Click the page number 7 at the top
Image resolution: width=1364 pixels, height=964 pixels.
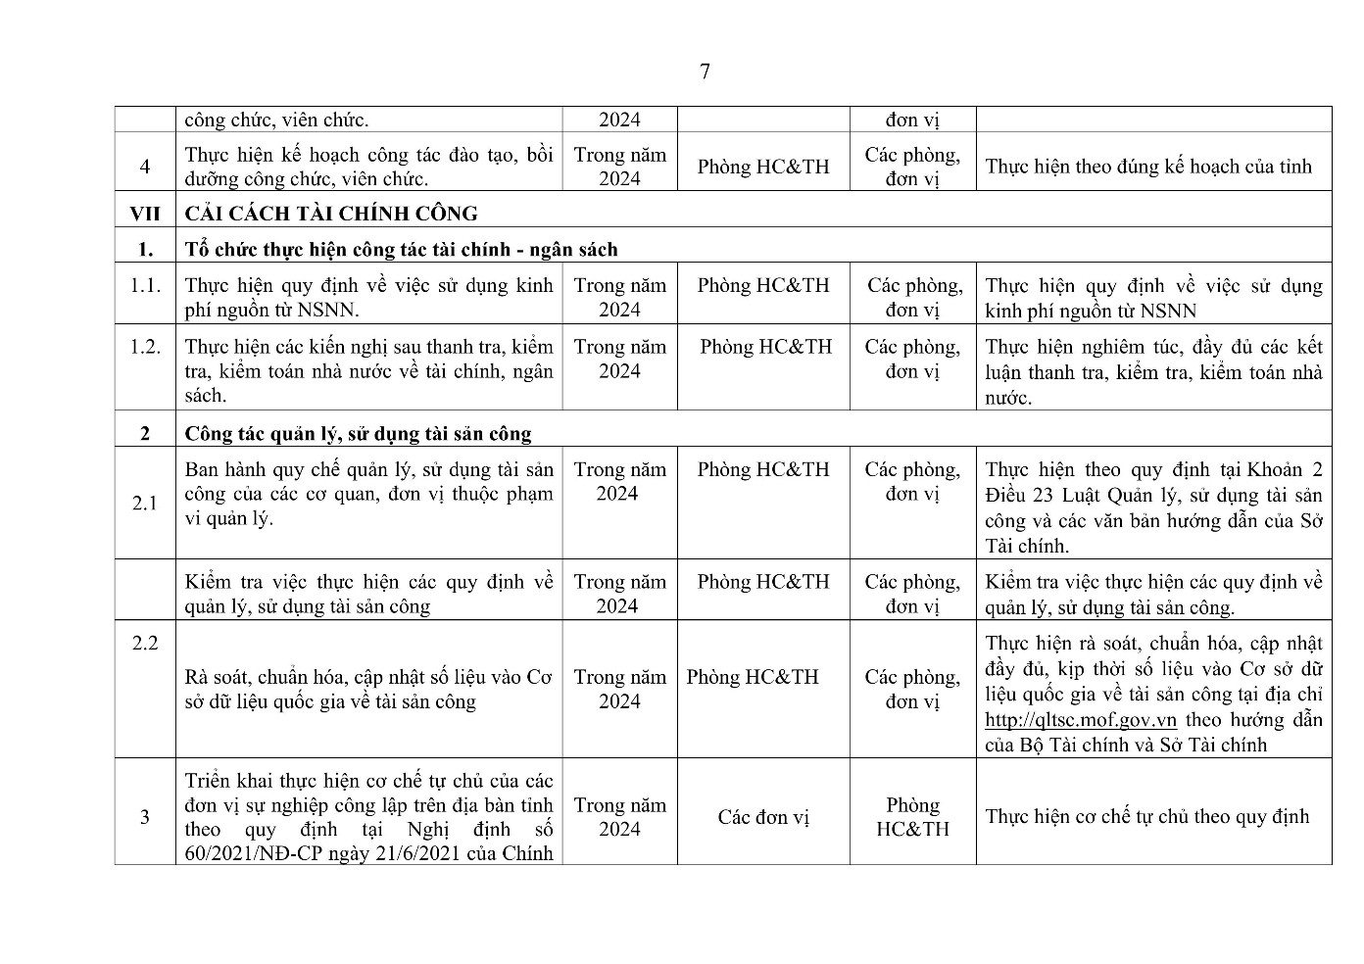705,72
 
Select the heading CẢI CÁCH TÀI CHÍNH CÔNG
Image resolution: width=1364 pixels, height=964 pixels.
331,214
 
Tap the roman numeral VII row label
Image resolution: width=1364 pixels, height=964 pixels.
145,214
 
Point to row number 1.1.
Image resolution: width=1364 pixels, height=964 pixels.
145,286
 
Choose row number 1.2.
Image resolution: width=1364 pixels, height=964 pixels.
145,347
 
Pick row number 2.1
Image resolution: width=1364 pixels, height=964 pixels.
145,504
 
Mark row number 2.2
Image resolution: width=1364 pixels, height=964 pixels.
145,643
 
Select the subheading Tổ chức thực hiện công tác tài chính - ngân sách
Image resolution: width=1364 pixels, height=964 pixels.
401,249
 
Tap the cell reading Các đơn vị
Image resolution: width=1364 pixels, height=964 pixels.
763,817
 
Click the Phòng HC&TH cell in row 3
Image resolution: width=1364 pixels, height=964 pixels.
912,817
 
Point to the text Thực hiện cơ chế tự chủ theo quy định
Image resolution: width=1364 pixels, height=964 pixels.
1146,817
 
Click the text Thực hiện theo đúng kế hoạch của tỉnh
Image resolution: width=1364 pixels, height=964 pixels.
1147,167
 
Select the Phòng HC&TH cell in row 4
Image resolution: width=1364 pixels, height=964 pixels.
763,167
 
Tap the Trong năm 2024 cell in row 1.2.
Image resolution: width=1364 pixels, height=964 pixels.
619,359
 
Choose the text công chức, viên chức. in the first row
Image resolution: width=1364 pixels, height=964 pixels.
276,120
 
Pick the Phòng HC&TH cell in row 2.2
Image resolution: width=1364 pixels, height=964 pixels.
753,677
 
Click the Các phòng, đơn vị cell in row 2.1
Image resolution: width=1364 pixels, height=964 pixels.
912,482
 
